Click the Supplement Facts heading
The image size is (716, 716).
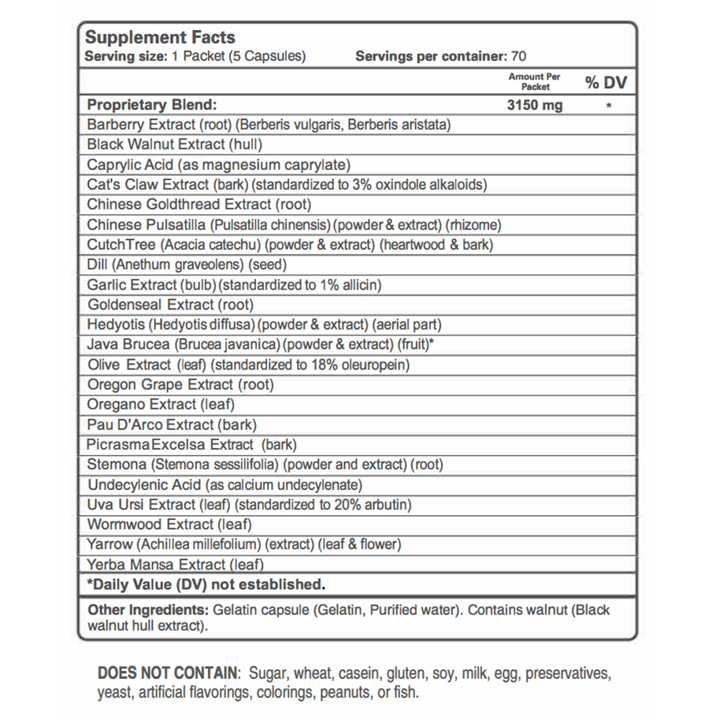(x=160, y=38)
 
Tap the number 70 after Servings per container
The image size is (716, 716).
(x=518, y=57)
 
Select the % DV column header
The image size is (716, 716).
(x=605, y=83)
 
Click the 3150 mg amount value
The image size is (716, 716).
(x=536, y=106)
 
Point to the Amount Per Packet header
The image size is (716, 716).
(x=535, y=81)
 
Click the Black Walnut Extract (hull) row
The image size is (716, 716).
(x=175, y=144)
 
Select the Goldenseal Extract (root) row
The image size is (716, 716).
(x=172, y=304)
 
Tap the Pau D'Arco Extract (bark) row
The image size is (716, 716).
(x=173, y=425)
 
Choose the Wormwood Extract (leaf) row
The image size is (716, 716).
(x=170, y=524)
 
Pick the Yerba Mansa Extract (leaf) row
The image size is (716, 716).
(x=176, y=564)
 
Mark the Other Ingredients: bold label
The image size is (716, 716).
(x=146, y=610)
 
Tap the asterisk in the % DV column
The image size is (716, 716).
(x=609, y=106)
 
